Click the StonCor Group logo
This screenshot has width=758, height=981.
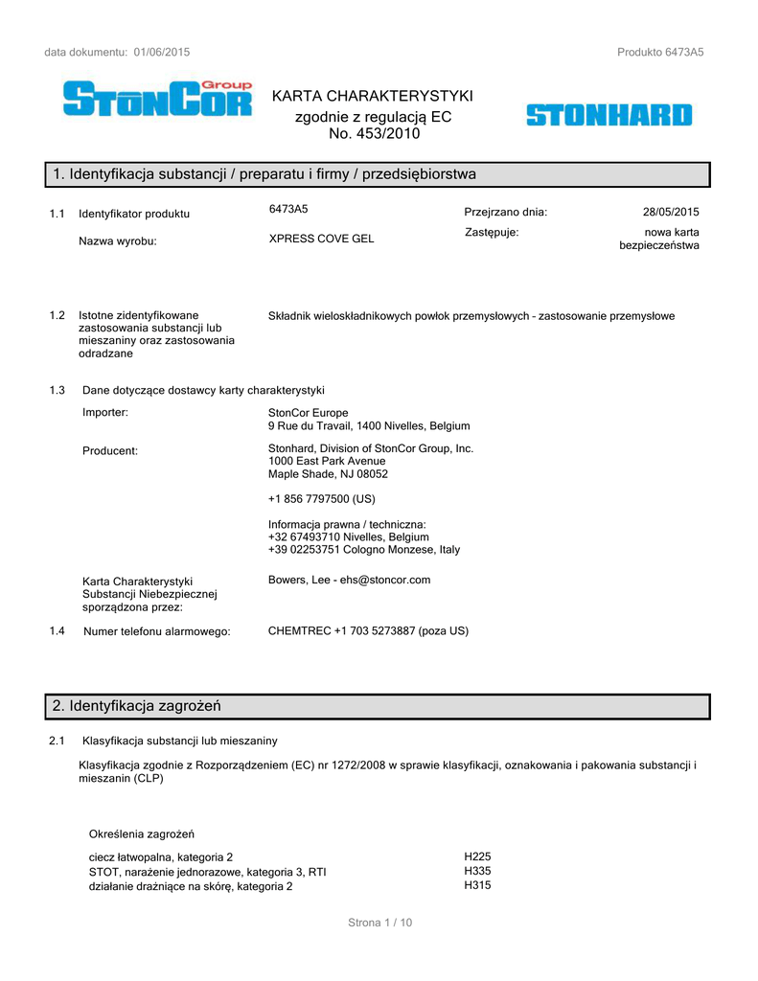click(158, 99)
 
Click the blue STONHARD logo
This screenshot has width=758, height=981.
click(609, 116)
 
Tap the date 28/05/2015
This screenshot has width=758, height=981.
click(671, 212)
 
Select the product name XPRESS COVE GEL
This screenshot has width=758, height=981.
click(321, 239)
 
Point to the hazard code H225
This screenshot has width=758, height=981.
click(476, 856)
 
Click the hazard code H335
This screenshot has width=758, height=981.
click(476, 872)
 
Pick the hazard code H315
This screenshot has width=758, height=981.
click(476, 887)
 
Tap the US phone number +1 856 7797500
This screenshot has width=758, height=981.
click(321, 499)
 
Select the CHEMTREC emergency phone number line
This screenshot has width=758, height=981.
click(368, 630)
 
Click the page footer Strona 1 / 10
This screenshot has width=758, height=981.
click(379, 923)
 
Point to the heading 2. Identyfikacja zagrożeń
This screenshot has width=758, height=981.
click(137, 706)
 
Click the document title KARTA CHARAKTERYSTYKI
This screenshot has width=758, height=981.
click(373, 96)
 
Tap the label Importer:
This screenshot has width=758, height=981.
click(105, 413)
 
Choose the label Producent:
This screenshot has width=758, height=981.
click(110, 450)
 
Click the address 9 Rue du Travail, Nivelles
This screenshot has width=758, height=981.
click(369, 426)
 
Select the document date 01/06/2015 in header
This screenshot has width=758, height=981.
click(162, 52)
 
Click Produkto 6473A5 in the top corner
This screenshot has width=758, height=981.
click(660, 52)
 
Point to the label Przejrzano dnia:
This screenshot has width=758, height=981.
click(505, 212)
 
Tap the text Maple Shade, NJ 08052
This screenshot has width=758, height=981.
click(328, 474)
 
